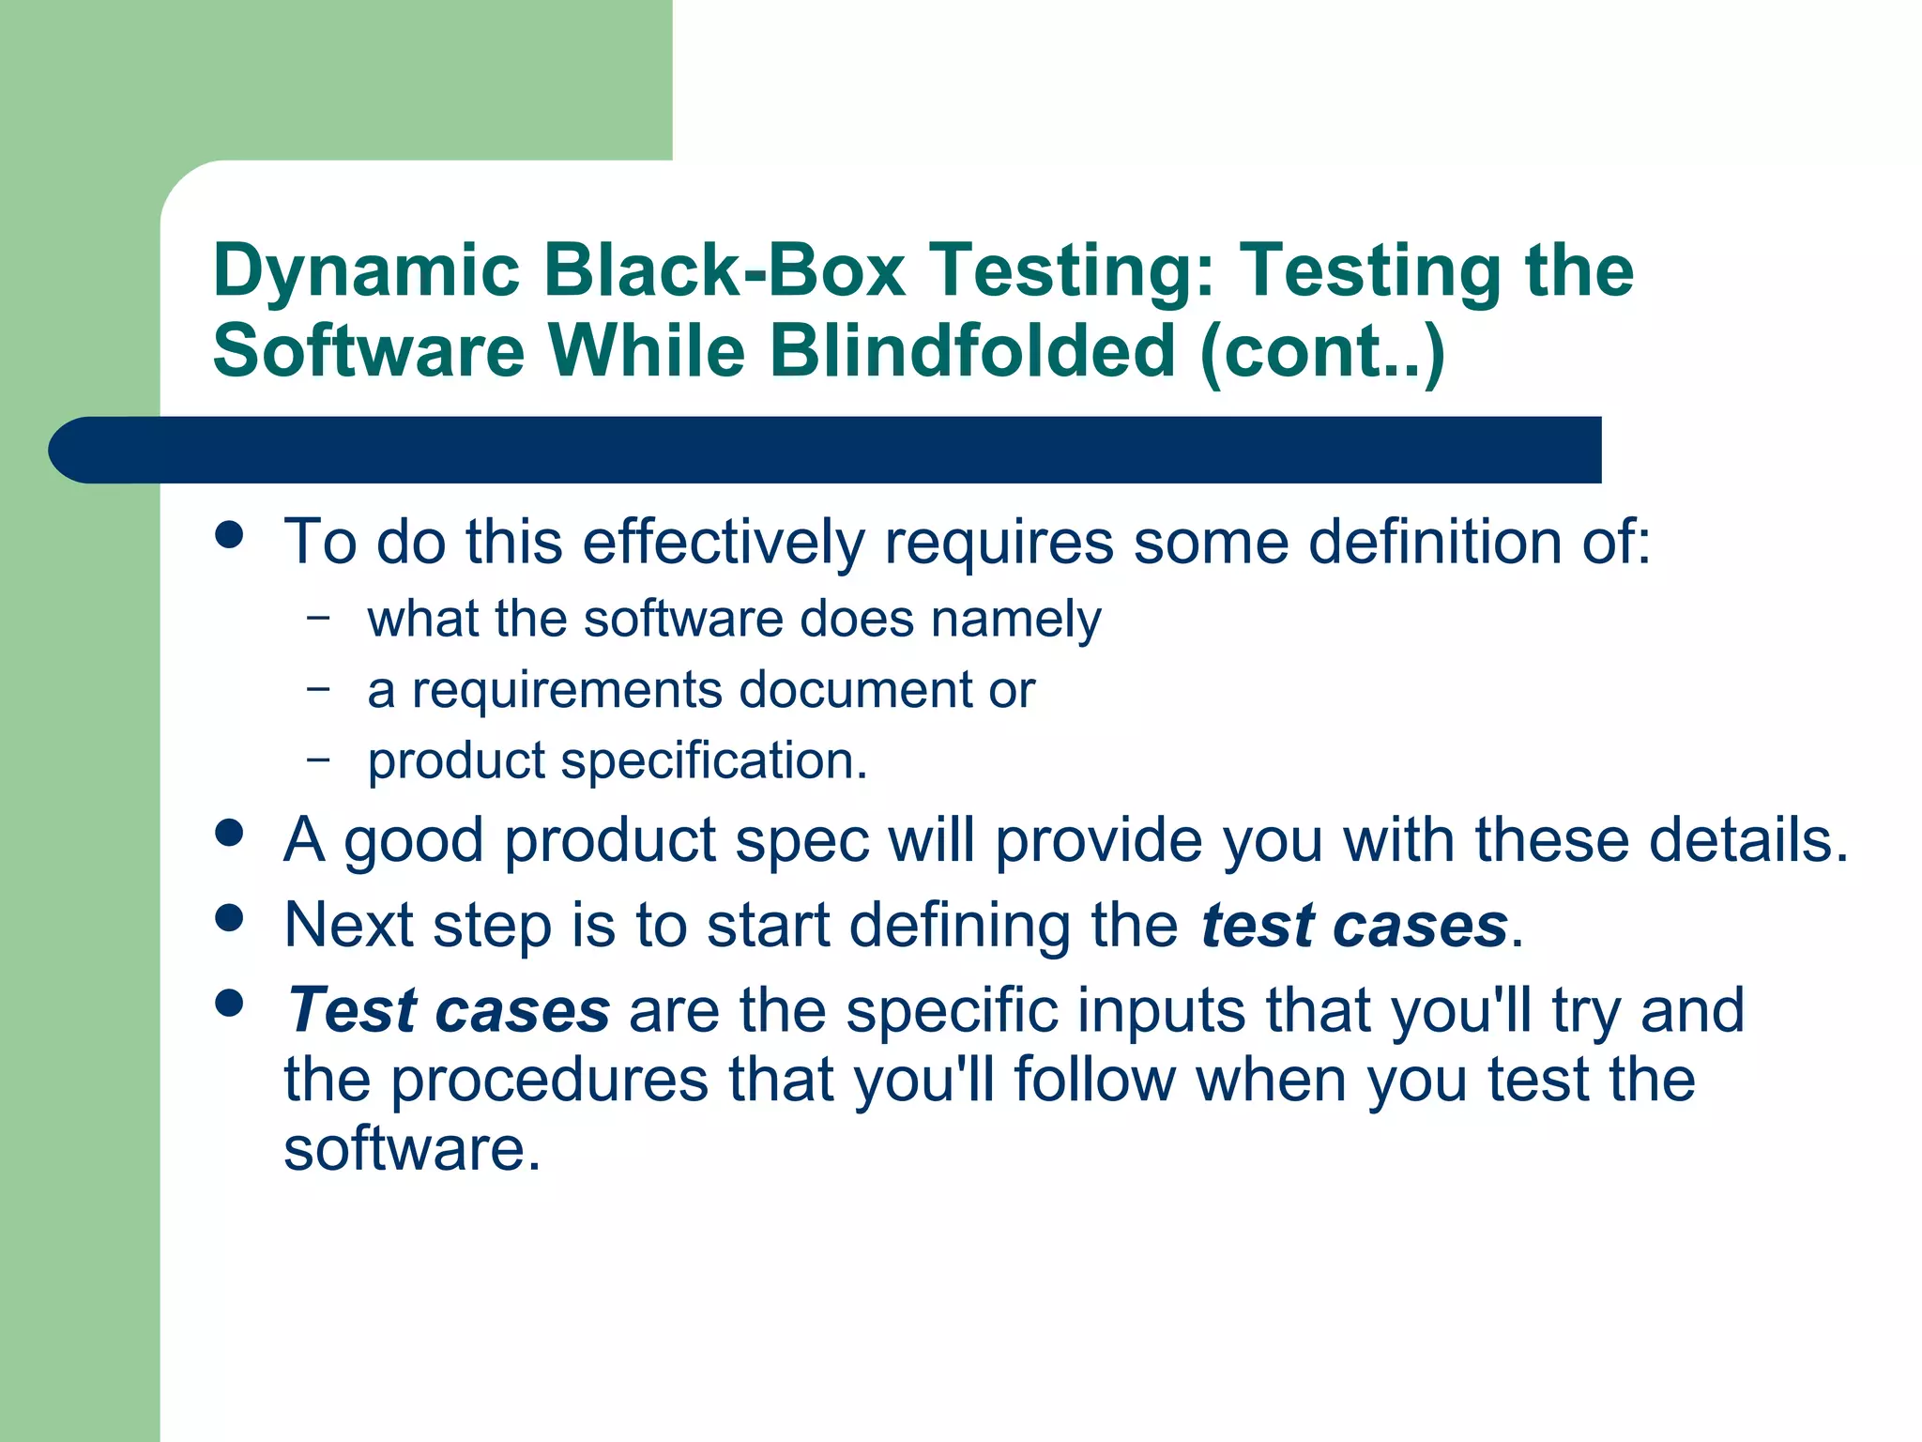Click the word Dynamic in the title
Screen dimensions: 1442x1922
(x=366, y=272)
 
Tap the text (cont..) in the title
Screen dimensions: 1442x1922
(x=1322, y=351)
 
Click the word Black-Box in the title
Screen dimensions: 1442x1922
(x=724, y=270)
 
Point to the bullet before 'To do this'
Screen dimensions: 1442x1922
(x=229, y=535)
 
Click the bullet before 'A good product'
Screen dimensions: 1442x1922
(x=229, y=833)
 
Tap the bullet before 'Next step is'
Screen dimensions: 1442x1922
(x=229, y=917)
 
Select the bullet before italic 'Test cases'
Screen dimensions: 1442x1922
(x=229, y=1003)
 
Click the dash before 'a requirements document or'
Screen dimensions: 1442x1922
(x=319, y=688)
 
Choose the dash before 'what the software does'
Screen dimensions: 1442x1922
(x=319, y=618)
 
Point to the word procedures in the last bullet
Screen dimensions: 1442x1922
(x=549, y=1080)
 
